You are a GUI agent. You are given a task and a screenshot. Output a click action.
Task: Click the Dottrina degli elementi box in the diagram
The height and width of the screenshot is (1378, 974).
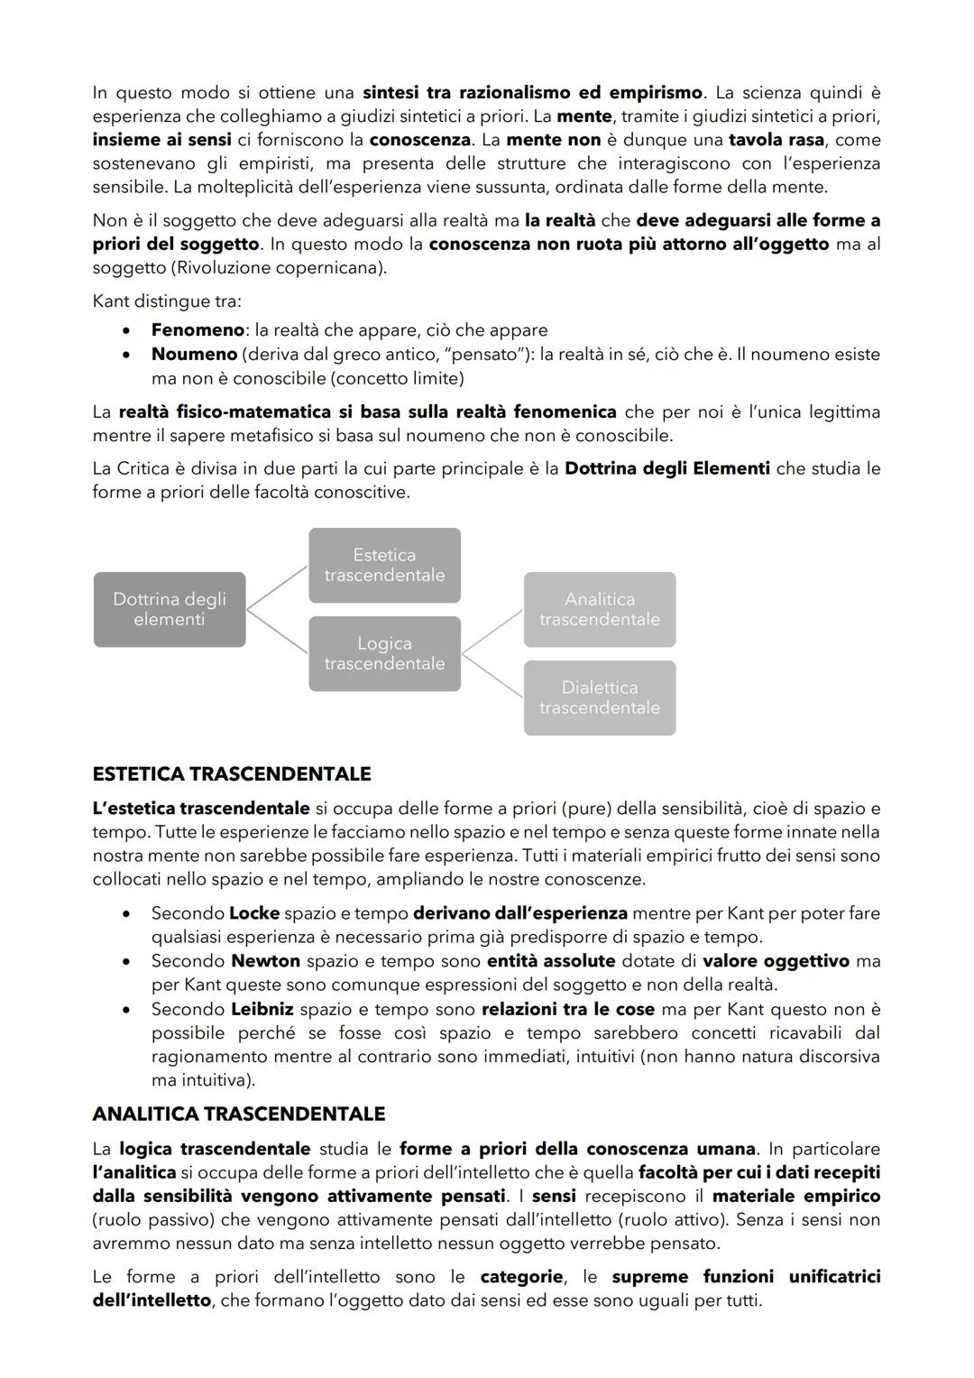coord(170,609)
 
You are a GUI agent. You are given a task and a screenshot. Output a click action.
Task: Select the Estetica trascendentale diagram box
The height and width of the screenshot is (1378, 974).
coord(384,565)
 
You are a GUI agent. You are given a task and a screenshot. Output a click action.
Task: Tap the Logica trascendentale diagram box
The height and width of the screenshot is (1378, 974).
coord(384,653)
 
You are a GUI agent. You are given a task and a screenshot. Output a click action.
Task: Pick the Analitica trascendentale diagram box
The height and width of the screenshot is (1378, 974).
coord(599,609)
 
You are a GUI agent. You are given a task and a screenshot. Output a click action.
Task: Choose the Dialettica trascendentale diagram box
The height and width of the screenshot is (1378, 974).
coord(599,698)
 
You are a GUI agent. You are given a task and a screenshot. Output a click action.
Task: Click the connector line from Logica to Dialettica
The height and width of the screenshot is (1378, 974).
coord(492,675)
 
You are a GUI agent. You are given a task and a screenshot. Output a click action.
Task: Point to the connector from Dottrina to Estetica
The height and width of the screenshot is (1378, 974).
coord(277,587)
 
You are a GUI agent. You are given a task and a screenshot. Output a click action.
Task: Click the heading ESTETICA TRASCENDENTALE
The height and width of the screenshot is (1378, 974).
coord(232,773)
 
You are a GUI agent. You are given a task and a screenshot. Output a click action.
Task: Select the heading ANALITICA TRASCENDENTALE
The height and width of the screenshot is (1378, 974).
coord(238,1114)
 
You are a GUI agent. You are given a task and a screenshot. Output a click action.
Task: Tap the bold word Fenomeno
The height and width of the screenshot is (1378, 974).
coord(198,330)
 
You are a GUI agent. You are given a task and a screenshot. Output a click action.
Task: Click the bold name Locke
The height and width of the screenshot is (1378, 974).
coord(253,913)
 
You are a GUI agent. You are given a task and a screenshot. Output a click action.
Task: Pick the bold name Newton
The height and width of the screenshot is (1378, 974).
coord(265,961)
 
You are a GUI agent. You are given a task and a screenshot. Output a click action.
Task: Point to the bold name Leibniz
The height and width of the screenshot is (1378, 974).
coord(262,1009)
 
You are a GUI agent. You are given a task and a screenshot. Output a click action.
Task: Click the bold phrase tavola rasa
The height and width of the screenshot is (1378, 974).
coord(776,140)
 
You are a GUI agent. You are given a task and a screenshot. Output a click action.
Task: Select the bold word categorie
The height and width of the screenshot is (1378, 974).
coord(522,1277)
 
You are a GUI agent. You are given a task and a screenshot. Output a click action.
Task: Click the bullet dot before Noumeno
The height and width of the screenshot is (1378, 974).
coord(131,355)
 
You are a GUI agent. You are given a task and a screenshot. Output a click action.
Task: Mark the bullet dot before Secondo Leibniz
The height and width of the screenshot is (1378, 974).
coord(131,1009)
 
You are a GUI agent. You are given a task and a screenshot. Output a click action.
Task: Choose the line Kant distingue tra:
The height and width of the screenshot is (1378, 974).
coord(167,301)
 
